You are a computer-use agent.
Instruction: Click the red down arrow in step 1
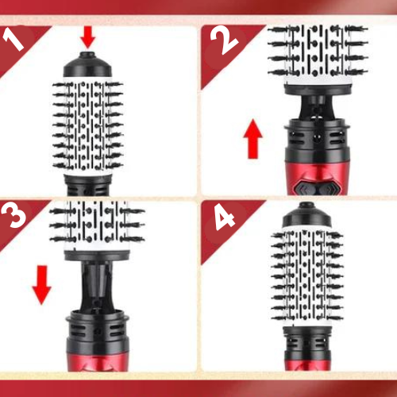87,36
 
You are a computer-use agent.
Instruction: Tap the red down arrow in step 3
40,285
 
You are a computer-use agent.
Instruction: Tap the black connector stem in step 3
99,282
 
